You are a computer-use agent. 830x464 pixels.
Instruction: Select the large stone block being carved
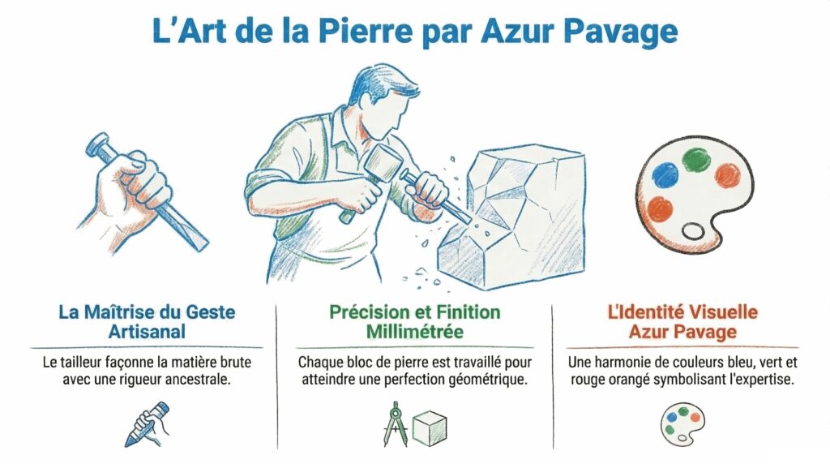coord(512,217)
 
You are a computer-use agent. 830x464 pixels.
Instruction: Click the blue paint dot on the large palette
coord(665,174)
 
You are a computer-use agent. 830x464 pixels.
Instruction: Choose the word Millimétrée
coord(415,332)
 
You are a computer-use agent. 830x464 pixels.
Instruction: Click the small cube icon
coord(430,428)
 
